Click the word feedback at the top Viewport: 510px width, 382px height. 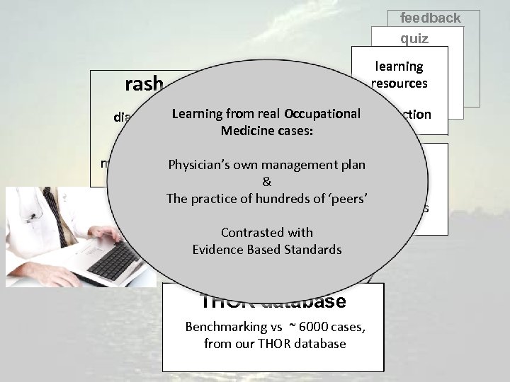(x=430, y=18)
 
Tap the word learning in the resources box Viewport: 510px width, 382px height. (x=399, y=66)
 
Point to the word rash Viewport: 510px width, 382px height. (x=144, y=85)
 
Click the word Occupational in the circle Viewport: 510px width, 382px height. (x=322, y=114)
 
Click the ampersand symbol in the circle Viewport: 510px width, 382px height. (x=266, y=182)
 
